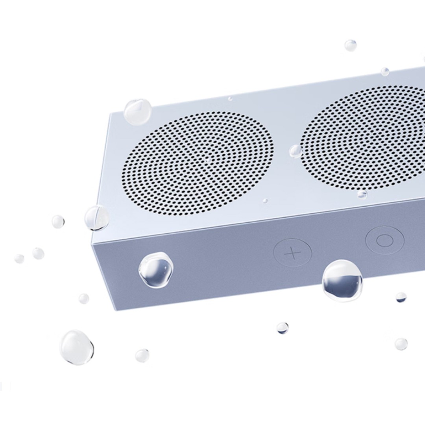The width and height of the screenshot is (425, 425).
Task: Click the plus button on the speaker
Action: (292, 253)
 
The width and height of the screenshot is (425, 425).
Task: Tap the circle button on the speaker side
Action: (384, 240)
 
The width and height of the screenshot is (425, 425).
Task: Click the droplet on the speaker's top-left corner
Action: (137, 112)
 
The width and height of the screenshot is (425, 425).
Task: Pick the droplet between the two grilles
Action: (295, 151)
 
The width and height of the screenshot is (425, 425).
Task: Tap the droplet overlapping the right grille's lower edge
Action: (362, 194)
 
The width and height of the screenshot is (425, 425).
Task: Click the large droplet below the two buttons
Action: (342, 281)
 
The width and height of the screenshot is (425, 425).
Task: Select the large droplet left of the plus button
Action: (156, 270)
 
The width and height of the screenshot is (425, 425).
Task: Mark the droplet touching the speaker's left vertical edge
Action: (97, 218)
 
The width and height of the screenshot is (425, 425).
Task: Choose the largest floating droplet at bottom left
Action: (77, 347)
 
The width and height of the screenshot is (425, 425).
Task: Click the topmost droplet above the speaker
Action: (351, 45)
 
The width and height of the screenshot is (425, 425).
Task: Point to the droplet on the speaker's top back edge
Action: (384, 72)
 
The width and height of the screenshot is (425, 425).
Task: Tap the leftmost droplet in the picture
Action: (19, 259)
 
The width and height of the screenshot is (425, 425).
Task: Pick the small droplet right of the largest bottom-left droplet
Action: (142, 355)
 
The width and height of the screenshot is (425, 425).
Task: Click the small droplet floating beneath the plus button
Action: (282, 327)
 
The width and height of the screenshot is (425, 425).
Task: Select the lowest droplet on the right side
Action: (401, 344)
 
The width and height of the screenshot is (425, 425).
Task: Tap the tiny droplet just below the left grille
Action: (265, 201)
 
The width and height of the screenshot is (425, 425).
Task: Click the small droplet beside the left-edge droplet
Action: (58, 222)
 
